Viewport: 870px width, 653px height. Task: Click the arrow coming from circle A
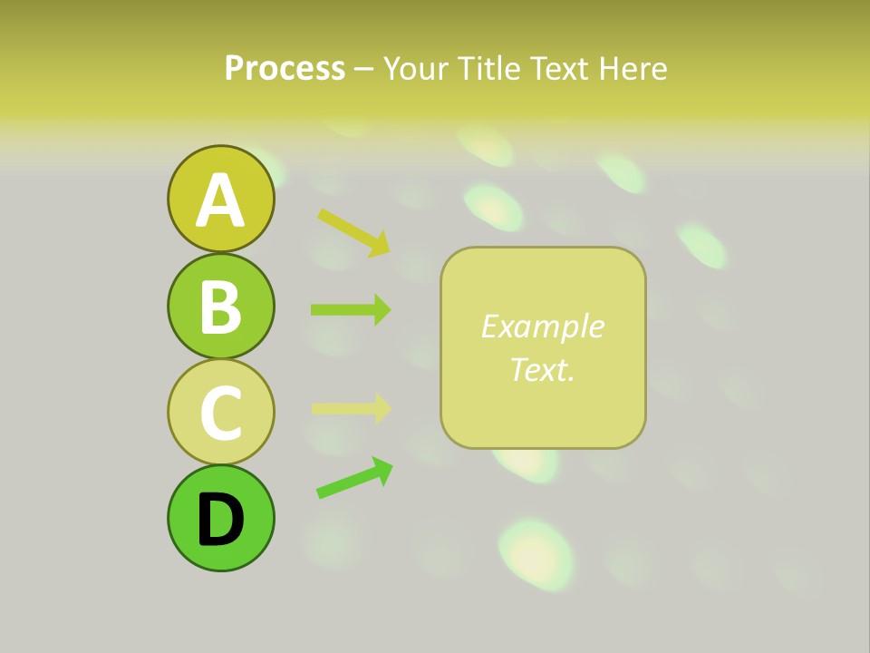[353, 231]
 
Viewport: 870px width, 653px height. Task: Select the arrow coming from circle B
[351, 309]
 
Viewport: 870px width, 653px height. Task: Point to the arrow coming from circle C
[351, 408]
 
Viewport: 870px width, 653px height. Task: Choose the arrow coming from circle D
[354, 477]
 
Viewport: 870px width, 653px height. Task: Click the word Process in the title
[285, 68]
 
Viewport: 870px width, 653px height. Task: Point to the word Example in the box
[542, 326]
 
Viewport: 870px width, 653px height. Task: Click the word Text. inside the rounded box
[542, 369]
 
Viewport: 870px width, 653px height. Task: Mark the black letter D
[220, 520]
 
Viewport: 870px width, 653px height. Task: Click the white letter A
[220, 201]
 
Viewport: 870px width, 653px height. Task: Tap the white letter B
[220, 307]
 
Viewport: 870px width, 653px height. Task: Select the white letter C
[220, 413]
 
